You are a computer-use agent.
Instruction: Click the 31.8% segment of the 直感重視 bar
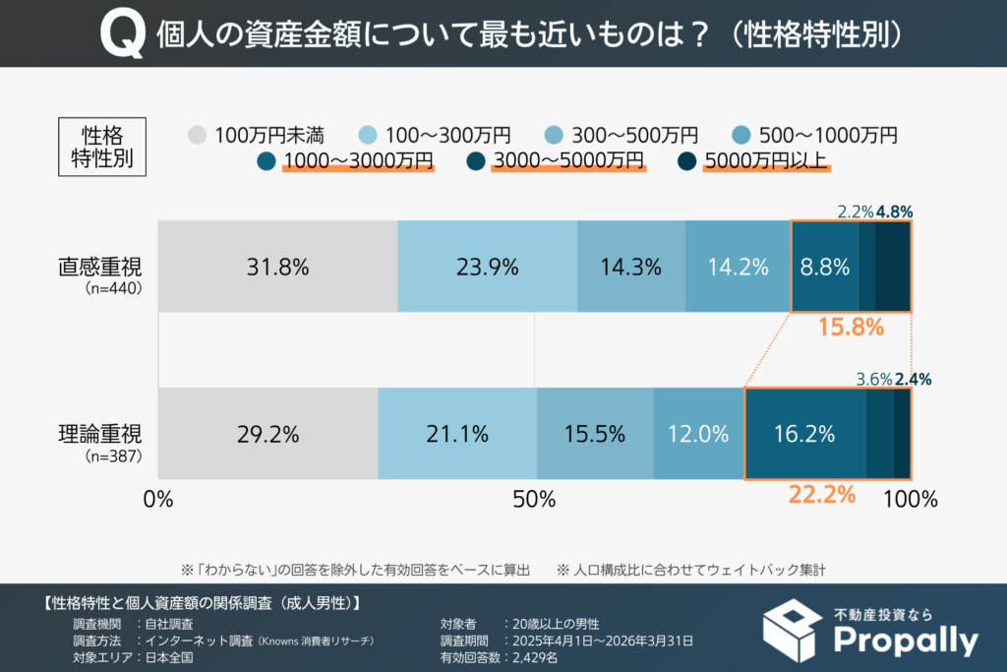(277, 267)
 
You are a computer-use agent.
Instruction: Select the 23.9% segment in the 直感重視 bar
(487, 267)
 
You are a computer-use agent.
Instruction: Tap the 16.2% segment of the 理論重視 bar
(804, 434)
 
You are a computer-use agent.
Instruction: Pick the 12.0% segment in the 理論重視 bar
(698, 434)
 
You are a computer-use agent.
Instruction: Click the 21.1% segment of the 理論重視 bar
(457, 434)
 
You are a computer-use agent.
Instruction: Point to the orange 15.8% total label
(851, 328)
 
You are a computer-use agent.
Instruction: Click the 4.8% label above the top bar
(895, 210)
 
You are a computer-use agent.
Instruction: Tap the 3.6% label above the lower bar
(874, 378)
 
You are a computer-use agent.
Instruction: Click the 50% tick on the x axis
(535, 499)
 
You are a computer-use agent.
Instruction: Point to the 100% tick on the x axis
(910, 499)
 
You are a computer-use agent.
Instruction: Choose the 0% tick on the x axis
(158, 499)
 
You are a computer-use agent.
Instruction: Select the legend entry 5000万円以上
(757, 159)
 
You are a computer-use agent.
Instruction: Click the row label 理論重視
(100, 434)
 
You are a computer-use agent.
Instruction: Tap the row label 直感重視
(100, 267)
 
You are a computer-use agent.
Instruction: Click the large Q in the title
(120, 35)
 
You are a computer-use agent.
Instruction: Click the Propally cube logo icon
(793, 630)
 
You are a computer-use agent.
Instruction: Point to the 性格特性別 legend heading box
(101, 146)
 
